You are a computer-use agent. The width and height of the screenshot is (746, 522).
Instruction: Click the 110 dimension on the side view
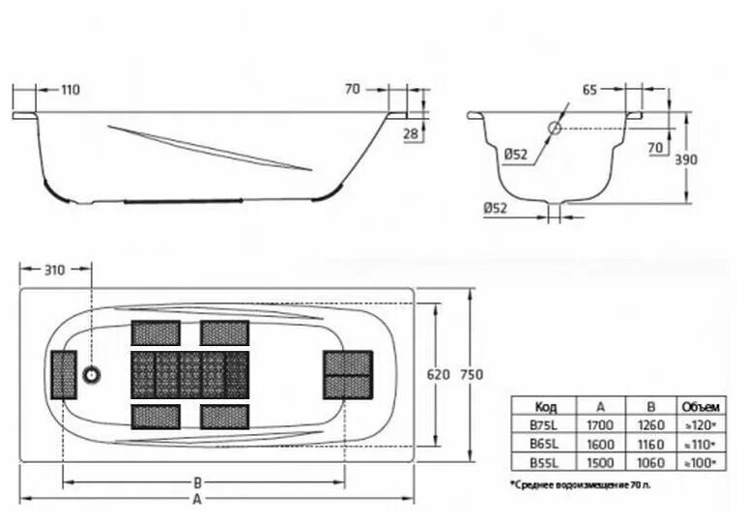pos(70,90)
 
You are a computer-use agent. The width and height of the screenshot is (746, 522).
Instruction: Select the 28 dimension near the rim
pos(410,134)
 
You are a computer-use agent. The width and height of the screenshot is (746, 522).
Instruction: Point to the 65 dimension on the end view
pos(589,90)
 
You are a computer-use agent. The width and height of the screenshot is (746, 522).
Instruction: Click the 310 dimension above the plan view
pos(54,270)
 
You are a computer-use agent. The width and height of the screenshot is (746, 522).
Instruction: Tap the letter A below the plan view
pos(197,500)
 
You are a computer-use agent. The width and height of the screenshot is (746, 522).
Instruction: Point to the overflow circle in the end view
pos(556,129)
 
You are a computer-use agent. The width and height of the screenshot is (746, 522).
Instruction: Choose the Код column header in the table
pos(545,406)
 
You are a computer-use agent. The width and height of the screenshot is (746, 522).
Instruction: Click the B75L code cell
pos(545,424)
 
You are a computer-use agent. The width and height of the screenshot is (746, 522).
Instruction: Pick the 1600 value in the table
pos(597,444)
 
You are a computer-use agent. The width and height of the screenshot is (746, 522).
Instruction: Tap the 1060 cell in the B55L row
pos(646,463)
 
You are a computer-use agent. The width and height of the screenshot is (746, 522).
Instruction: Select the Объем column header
pos(698,406)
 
